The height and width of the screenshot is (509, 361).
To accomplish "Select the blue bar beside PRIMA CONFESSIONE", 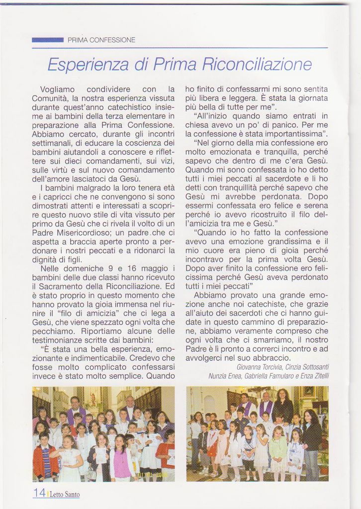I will pos(47,40).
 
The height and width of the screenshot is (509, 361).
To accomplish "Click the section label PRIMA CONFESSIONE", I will pos(101,40).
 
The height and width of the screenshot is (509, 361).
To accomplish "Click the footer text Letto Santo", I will pos(65,494).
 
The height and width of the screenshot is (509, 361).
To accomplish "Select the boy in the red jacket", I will pos(45,457).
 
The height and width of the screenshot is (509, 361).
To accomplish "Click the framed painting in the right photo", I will pos(309,393).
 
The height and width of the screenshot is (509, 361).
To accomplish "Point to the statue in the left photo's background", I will pos(92,398).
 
